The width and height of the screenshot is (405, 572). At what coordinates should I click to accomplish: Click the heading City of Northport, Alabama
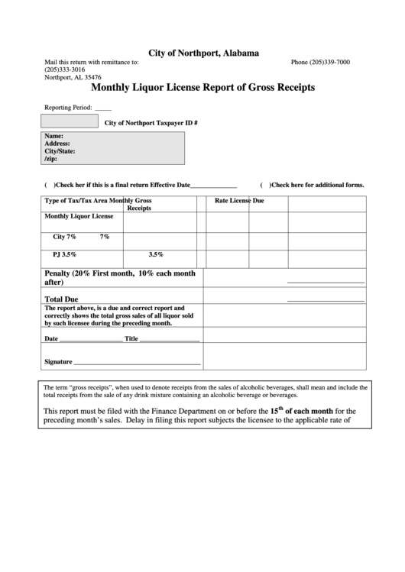pos(202,53)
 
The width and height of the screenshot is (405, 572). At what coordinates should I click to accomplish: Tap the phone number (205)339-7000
pos(320,62)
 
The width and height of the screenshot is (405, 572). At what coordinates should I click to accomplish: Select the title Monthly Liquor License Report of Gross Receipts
pos(202,87)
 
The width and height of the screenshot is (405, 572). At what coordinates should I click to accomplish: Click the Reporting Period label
pos(68,108)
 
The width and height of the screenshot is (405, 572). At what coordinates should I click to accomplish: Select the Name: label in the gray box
pos(53,136)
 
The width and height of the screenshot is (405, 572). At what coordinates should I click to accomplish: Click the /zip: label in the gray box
pos(50,158)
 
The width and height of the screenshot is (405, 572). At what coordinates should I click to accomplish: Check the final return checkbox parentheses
pos(49,186)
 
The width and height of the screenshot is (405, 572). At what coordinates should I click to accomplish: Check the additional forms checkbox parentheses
pos(264,186)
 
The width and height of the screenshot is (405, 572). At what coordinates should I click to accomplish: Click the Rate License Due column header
pos(239,201)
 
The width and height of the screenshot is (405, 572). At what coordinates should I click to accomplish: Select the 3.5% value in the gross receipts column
pos(156,254)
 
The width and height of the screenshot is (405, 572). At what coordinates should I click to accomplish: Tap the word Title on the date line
pos(131,339)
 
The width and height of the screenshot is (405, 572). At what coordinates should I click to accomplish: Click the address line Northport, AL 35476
pos(73,77)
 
